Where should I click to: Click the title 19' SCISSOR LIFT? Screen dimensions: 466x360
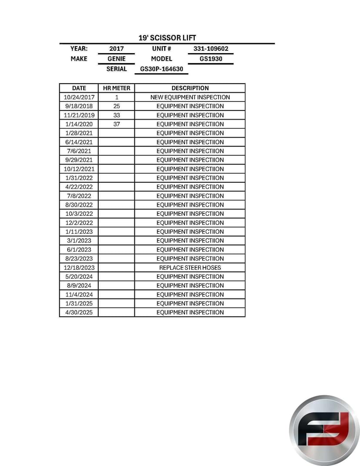tap(167, 38)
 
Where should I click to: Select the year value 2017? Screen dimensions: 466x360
tap(117, 49)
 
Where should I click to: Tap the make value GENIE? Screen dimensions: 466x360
tap(117, 59)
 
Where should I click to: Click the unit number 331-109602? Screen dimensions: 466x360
tap(210, 49)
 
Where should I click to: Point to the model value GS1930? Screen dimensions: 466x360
tap(211, 59)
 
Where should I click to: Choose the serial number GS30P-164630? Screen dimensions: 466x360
tap(161, 69)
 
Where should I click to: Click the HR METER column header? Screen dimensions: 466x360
tap(117, 88)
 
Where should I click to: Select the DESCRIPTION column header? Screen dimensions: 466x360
tap(190, 88)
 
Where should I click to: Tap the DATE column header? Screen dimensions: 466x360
tap(79, 88)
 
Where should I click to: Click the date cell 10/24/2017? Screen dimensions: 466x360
tap(79, 97)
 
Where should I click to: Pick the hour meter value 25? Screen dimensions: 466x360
tap(117, 106)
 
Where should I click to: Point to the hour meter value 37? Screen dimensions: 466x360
tap(117, 124)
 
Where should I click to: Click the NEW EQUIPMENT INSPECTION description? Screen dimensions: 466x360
tap(190, 97)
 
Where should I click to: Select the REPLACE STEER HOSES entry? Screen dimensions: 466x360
tap(190, 268)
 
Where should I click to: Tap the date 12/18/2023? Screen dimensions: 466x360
tap(79, 268)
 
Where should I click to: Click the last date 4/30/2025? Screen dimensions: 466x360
tap(79, 312)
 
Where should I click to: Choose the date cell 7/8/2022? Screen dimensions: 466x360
tap(79, 196)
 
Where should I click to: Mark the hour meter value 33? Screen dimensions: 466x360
tap(117, 115)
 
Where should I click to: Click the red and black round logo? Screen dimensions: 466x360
tap(324, 430)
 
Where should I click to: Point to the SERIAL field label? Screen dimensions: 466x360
tap(117, 69)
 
